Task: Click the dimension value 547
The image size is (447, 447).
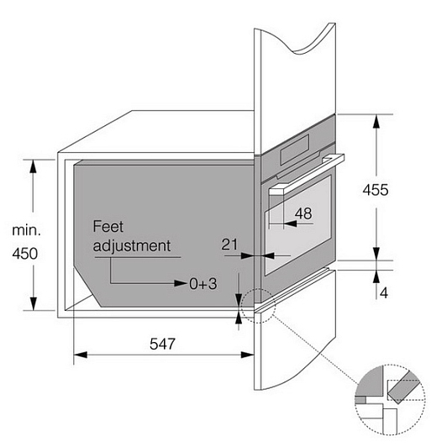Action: (162, 344)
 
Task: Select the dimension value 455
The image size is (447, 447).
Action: (376, 190)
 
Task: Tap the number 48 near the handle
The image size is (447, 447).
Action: (303, 213)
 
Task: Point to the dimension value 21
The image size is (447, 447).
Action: (229, 245)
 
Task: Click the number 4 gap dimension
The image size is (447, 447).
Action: (384, 292)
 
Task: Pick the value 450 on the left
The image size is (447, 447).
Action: (25, 254)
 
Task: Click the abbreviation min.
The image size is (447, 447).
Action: (26, 230)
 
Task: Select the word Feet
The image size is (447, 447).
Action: (108, 226)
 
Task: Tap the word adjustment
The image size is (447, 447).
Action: (132, 245)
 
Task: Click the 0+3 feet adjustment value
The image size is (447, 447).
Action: (203, 284)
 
